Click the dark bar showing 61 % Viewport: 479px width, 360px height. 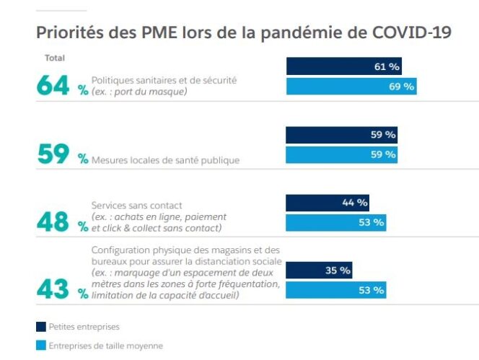pyautogui.click(x=343, y=66)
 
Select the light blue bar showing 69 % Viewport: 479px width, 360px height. pyautogui.click(x=351, y=87)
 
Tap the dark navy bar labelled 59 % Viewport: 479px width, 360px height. pyautogui.click(x=341, y=134)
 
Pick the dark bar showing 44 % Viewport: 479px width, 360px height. pyautogui.click(x=328, y=203)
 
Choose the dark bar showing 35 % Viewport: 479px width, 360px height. pyautogui.click(x=319, y=271)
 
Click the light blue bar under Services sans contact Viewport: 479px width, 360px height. pyautogui.click(x=335, y=222)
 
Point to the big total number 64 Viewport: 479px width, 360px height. pyautogui.click(x=54, y=86)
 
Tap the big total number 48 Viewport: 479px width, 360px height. pyautogui.click(x=53, y=222)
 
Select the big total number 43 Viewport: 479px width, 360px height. pyautogui.click(x=53, y=291)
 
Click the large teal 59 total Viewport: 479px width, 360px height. pyautogui.click(x=53, y=154)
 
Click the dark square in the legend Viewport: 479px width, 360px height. pyautogui.click(x=40, y=327)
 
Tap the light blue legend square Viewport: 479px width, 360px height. pyautogui.click(x=40, y=346)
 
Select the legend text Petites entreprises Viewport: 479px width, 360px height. pyautogui.click(x=84, y=327)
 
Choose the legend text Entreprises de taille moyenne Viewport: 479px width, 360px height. pyautogui.click(x=105, y=346)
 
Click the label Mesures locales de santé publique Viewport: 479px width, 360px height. pyautogui.click(x=165, y=160)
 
